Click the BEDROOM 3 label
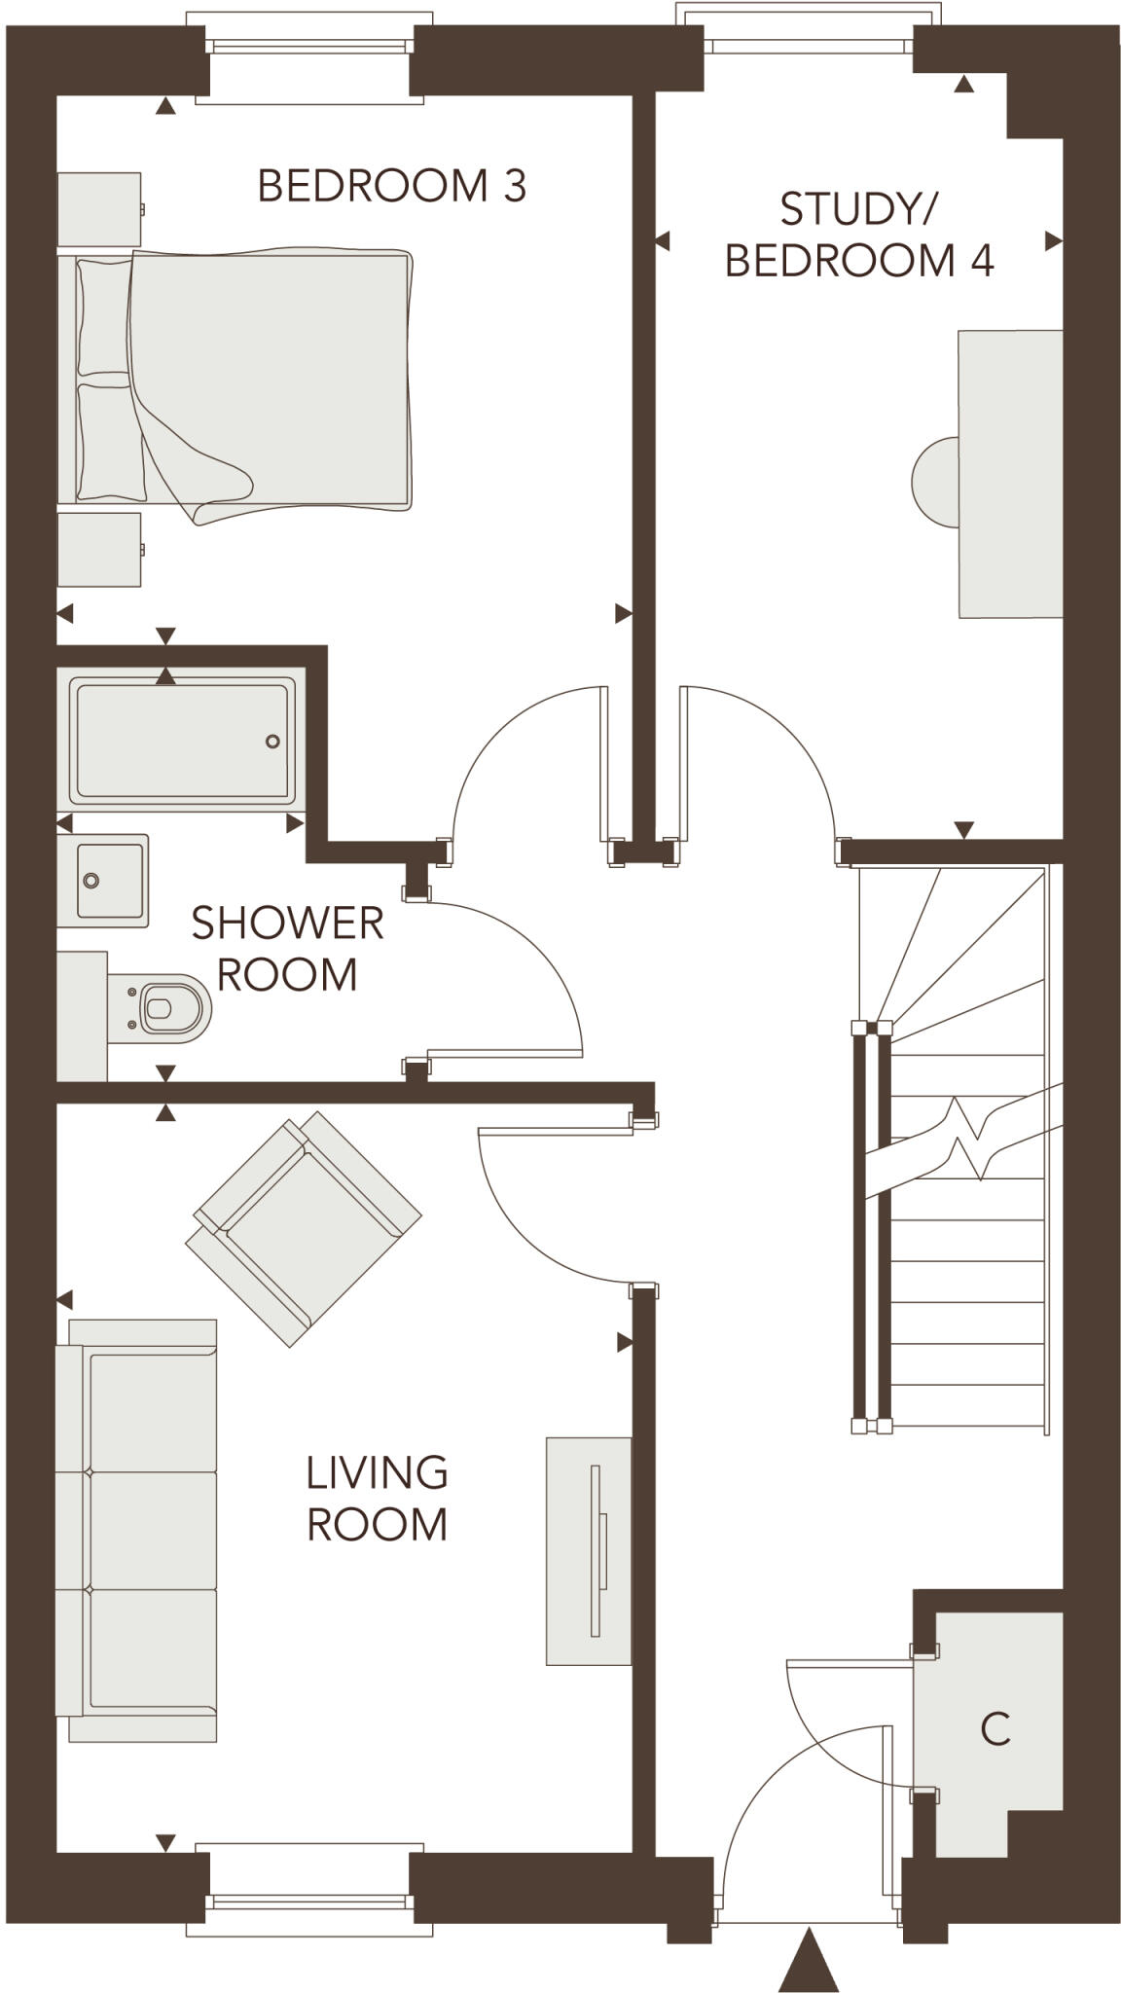point(391,186)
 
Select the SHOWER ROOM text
point(286,949)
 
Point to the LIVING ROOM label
point(377,1499)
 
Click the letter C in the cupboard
point(994,1729)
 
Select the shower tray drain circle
point(272,742)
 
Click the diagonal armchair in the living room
point(303,1228)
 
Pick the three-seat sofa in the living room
point(136,1531)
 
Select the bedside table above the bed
point(98,209)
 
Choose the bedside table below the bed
point(98,550)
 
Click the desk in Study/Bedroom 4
point(1009,474)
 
